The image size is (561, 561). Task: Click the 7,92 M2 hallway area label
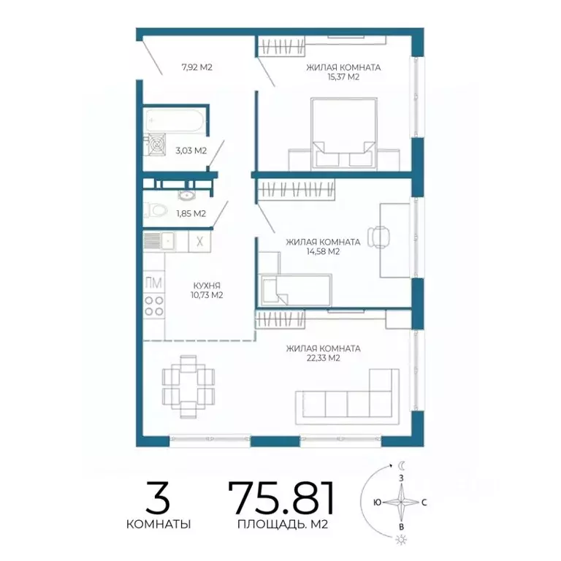click(x=196, y=67)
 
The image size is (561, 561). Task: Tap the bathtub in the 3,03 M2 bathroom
click(x=175, y=121)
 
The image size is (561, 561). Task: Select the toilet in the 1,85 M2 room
click(x=156, y=210)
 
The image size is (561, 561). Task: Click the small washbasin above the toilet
click(x=186, y=195)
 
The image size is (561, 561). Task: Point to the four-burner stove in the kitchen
click(x=154, y=306)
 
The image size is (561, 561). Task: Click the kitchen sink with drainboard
click(x=159, y=241)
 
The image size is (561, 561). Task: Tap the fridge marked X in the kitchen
click(x=199, y=242)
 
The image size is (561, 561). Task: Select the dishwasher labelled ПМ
click(x=154, y=283)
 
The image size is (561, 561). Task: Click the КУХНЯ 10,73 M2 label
click(x=207, y=290)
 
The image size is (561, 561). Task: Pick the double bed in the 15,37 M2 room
click(x=344, y=133)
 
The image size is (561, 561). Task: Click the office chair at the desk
click(x=378, y=237)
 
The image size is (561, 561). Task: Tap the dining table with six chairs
click(x=188, y=386)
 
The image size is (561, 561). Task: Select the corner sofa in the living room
click(x=347, y=397)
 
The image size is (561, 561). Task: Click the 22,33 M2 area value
click(x=323, y=358)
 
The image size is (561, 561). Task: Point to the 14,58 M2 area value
click(x=323, y=251)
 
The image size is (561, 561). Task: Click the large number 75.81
click(x=282, y=497)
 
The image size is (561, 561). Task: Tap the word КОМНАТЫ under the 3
click(x=159, y=524)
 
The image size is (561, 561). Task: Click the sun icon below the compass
click(x=401, y=540)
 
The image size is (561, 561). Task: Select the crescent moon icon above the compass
click(x=402, y=465)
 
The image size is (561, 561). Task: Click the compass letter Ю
click(x=377, y=503)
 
